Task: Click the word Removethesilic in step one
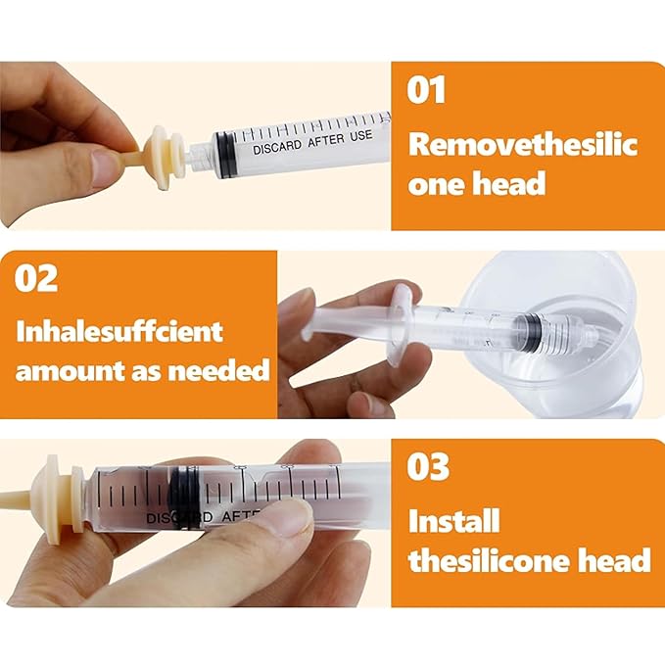pyautogui.click(x=523, y=145)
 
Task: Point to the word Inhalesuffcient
pyautogui.click(x=119, y=330)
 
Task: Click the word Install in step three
pyautogui.click(x=454, y=520)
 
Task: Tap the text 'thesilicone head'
pyautogui.click(x=529, y=560)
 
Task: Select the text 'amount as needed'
pyautogui.click(x=142, y=370)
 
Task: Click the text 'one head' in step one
pyautogui.click(x=477, y=184)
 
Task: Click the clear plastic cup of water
pyautogui.click(x=566, y=333)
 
